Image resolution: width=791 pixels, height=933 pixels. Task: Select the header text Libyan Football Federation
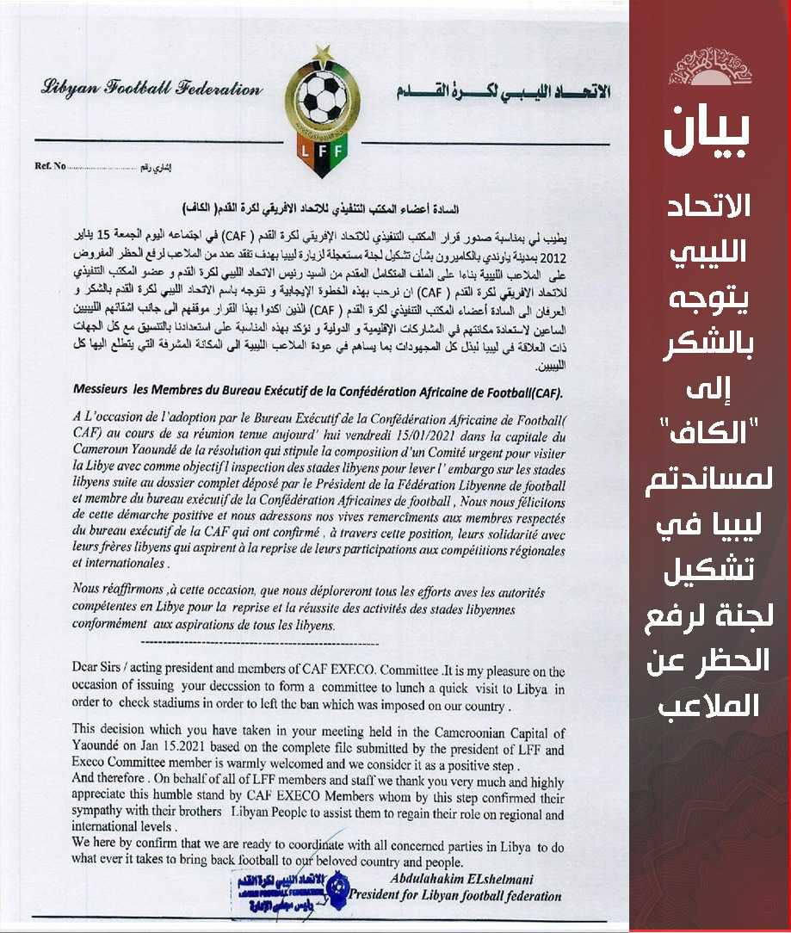pyautogui.click(x=151, y=89)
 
